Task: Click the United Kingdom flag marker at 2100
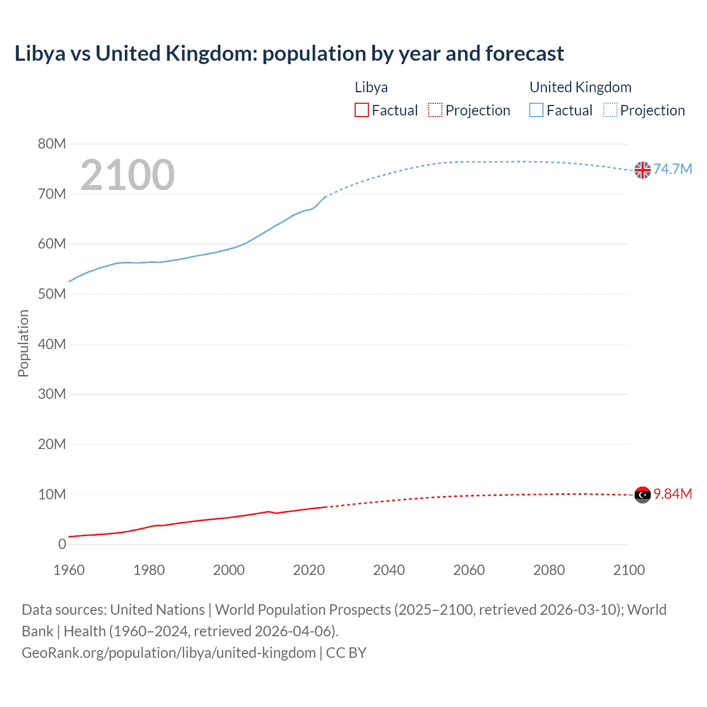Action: pyautogui.click(x=642, y=170)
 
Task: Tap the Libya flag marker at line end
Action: pyautogui.click(x=642, y=495)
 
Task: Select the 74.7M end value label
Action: pyautogui.click(x=672, y=169)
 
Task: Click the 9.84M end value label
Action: pyautogui.click(x=672, y=494)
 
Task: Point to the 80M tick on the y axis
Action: pyautogui.click(x=52, y=144)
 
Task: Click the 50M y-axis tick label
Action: pyautogui.click(x=52, y=294)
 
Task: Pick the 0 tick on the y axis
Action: pyautogui.click(x=62, y=544)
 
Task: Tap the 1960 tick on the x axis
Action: pyautogui.click(x=69, y=570)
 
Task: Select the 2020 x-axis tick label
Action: pyautogui.click(x=309, y=570)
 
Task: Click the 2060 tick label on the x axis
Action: pyautogui.click(x=469, y=570)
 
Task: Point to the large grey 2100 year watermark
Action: pyautogui.click(x=128, y=175)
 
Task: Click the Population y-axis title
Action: pyautogui.click(x=23, y=344)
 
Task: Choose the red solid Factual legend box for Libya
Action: pyautogui.click(x=361, y=110)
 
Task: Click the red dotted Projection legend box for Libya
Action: pyautogui.click(x=435, y=110)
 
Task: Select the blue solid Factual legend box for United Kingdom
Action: pyautogui.click(x=536, y=110)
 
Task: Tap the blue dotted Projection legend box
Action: pyautogui.click(x=610, y=110)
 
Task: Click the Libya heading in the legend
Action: pyautogui.click(x=371, y=87)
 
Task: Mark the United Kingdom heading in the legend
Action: pyautogui.click(x=581, y=87)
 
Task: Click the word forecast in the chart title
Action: pyautogui.click(x=525, y=54)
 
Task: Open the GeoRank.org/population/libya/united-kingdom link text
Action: pyautogui.click(x=168, y=653)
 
